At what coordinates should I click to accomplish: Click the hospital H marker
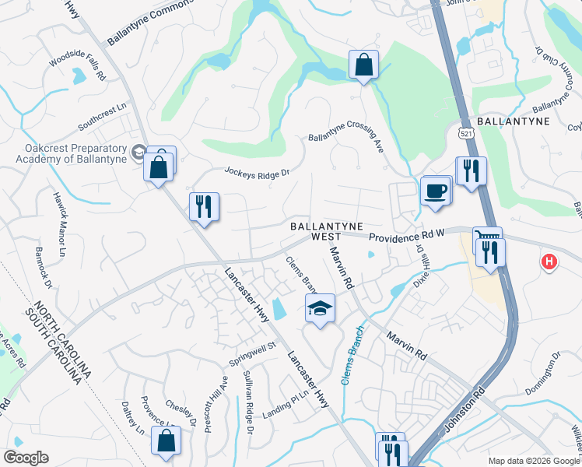pos(549,262)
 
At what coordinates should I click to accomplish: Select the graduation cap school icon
pos(320,308)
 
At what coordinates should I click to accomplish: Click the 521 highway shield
pos(465,134)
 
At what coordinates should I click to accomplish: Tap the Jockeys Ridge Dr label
pos(257,170)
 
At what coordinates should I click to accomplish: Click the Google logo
pos(26,458)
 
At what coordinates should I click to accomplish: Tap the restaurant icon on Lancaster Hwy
pos(204,206)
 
